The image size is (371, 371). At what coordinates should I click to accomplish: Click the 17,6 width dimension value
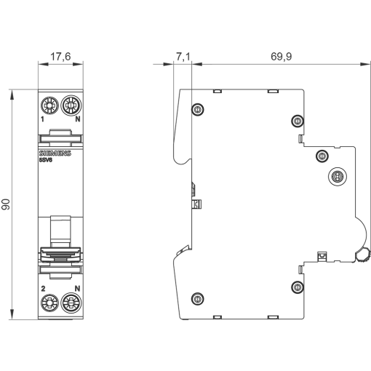(60, 57)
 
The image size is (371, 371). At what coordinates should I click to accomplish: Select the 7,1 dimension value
(183, 57)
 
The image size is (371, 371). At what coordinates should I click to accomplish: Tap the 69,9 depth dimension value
(282, 57)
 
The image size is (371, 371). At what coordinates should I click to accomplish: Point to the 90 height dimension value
(6, 204)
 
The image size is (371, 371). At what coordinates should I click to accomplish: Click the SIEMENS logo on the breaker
(55, 153)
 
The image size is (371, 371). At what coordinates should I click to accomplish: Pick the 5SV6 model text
(46, 160)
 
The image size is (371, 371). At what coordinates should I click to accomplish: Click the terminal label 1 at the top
(43, 119)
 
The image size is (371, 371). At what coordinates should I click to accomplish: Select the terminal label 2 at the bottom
(43, 289)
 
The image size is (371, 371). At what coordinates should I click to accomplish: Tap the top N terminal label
(78, 119)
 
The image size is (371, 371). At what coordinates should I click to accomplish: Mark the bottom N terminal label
(77, 289)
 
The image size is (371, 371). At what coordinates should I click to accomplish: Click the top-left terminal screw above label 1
(49, 105)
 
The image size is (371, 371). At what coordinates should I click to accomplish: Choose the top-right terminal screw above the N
(71, 105)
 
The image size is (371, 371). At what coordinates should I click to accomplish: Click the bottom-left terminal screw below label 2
(49, 303)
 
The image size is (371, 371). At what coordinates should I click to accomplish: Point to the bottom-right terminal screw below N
(71, 303)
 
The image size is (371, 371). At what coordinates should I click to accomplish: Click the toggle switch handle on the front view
(60, 255)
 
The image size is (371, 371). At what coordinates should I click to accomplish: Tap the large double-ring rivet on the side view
(338, 176)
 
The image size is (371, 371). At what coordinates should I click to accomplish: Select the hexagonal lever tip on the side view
(363, 256)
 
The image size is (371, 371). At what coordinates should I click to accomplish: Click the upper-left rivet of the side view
(198, 109)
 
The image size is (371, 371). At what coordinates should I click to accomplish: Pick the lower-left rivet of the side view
(198, 299)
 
